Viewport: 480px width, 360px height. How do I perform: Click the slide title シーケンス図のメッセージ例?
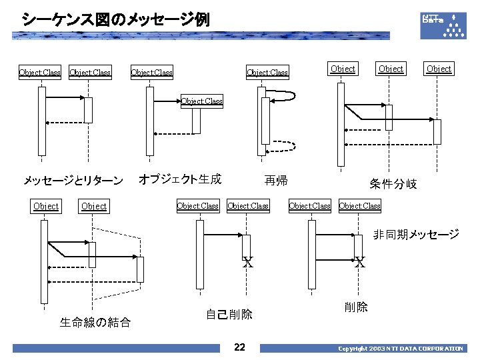[x=115, y=19]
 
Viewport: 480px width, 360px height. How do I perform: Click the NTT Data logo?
[x=443, y=25]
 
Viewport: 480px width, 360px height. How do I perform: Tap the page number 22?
[x=240, y=347]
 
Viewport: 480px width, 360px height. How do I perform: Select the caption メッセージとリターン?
[x=73, y=181]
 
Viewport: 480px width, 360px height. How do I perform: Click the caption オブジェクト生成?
[x=179, y=179]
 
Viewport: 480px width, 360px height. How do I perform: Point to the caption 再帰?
[x=276, y=181]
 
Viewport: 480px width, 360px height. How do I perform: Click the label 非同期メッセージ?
[x=416, y=234]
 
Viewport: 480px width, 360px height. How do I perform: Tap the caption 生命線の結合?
[x=95, y=323]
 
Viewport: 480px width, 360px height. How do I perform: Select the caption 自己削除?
[x=229, y=315]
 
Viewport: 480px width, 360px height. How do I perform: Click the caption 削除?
[x=356, y=307]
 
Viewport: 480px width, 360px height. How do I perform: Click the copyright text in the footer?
[x=400, y=349]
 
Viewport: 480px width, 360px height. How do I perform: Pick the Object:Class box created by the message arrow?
[x=202, y=102]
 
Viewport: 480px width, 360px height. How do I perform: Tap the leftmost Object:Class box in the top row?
[x=40, y=72]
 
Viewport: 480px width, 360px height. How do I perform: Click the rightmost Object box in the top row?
[x=439, y=69]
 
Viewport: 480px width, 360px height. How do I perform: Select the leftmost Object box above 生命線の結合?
[x=46, y=206]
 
